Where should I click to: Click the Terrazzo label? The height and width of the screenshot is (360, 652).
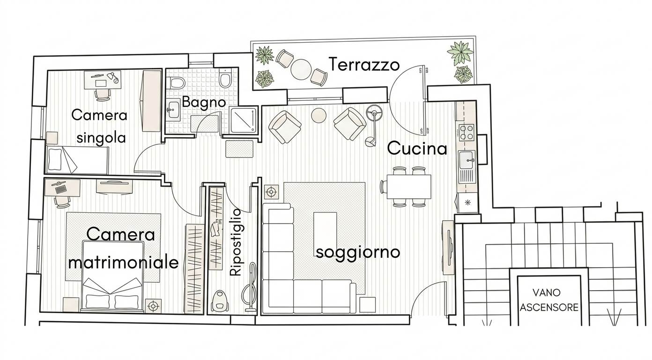(364, 64)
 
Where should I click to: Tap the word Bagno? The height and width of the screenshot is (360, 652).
(204, 103)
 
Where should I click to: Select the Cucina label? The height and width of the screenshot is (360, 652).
(417, 148)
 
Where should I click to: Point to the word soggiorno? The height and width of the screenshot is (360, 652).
(358, 252)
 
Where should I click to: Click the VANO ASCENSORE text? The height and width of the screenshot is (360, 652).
(548, 300)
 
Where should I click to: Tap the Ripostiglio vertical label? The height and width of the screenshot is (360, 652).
(236, 242)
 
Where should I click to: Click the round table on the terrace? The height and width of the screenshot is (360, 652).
(301, 69)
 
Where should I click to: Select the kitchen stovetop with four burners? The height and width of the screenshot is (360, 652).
(467, 133)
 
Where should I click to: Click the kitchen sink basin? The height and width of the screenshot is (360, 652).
(467, 160)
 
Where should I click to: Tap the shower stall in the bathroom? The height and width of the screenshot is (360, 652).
(244, 120)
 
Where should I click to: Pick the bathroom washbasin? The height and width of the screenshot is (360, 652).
(174, 110)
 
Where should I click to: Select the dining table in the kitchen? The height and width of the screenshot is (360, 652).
(409, 187)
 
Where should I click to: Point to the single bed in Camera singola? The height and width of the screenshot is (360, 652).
(77, 160)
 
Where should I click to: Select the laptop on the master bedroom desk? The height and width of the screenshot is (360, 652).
(60, 187)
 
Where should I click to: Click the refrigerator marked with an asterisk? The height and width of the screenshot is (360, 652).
(467, 202)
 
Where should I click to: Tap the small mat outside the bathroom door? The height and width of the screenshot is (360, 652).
(239, 149)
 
